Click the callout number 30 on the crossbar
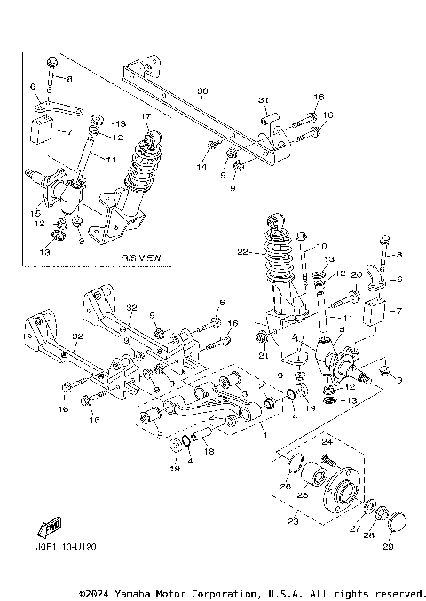[201, 92]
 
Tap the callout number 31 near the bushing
[263, 99]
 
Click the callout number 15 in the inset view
[35, 214]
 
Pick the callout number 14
[201, 167]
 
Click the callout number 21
[262, 355]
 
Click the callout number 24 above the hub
[325, 441]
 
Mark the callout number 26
[285, 486]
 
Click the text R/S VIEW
[142, 257]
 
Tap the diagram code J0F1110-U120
[67, 547]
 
